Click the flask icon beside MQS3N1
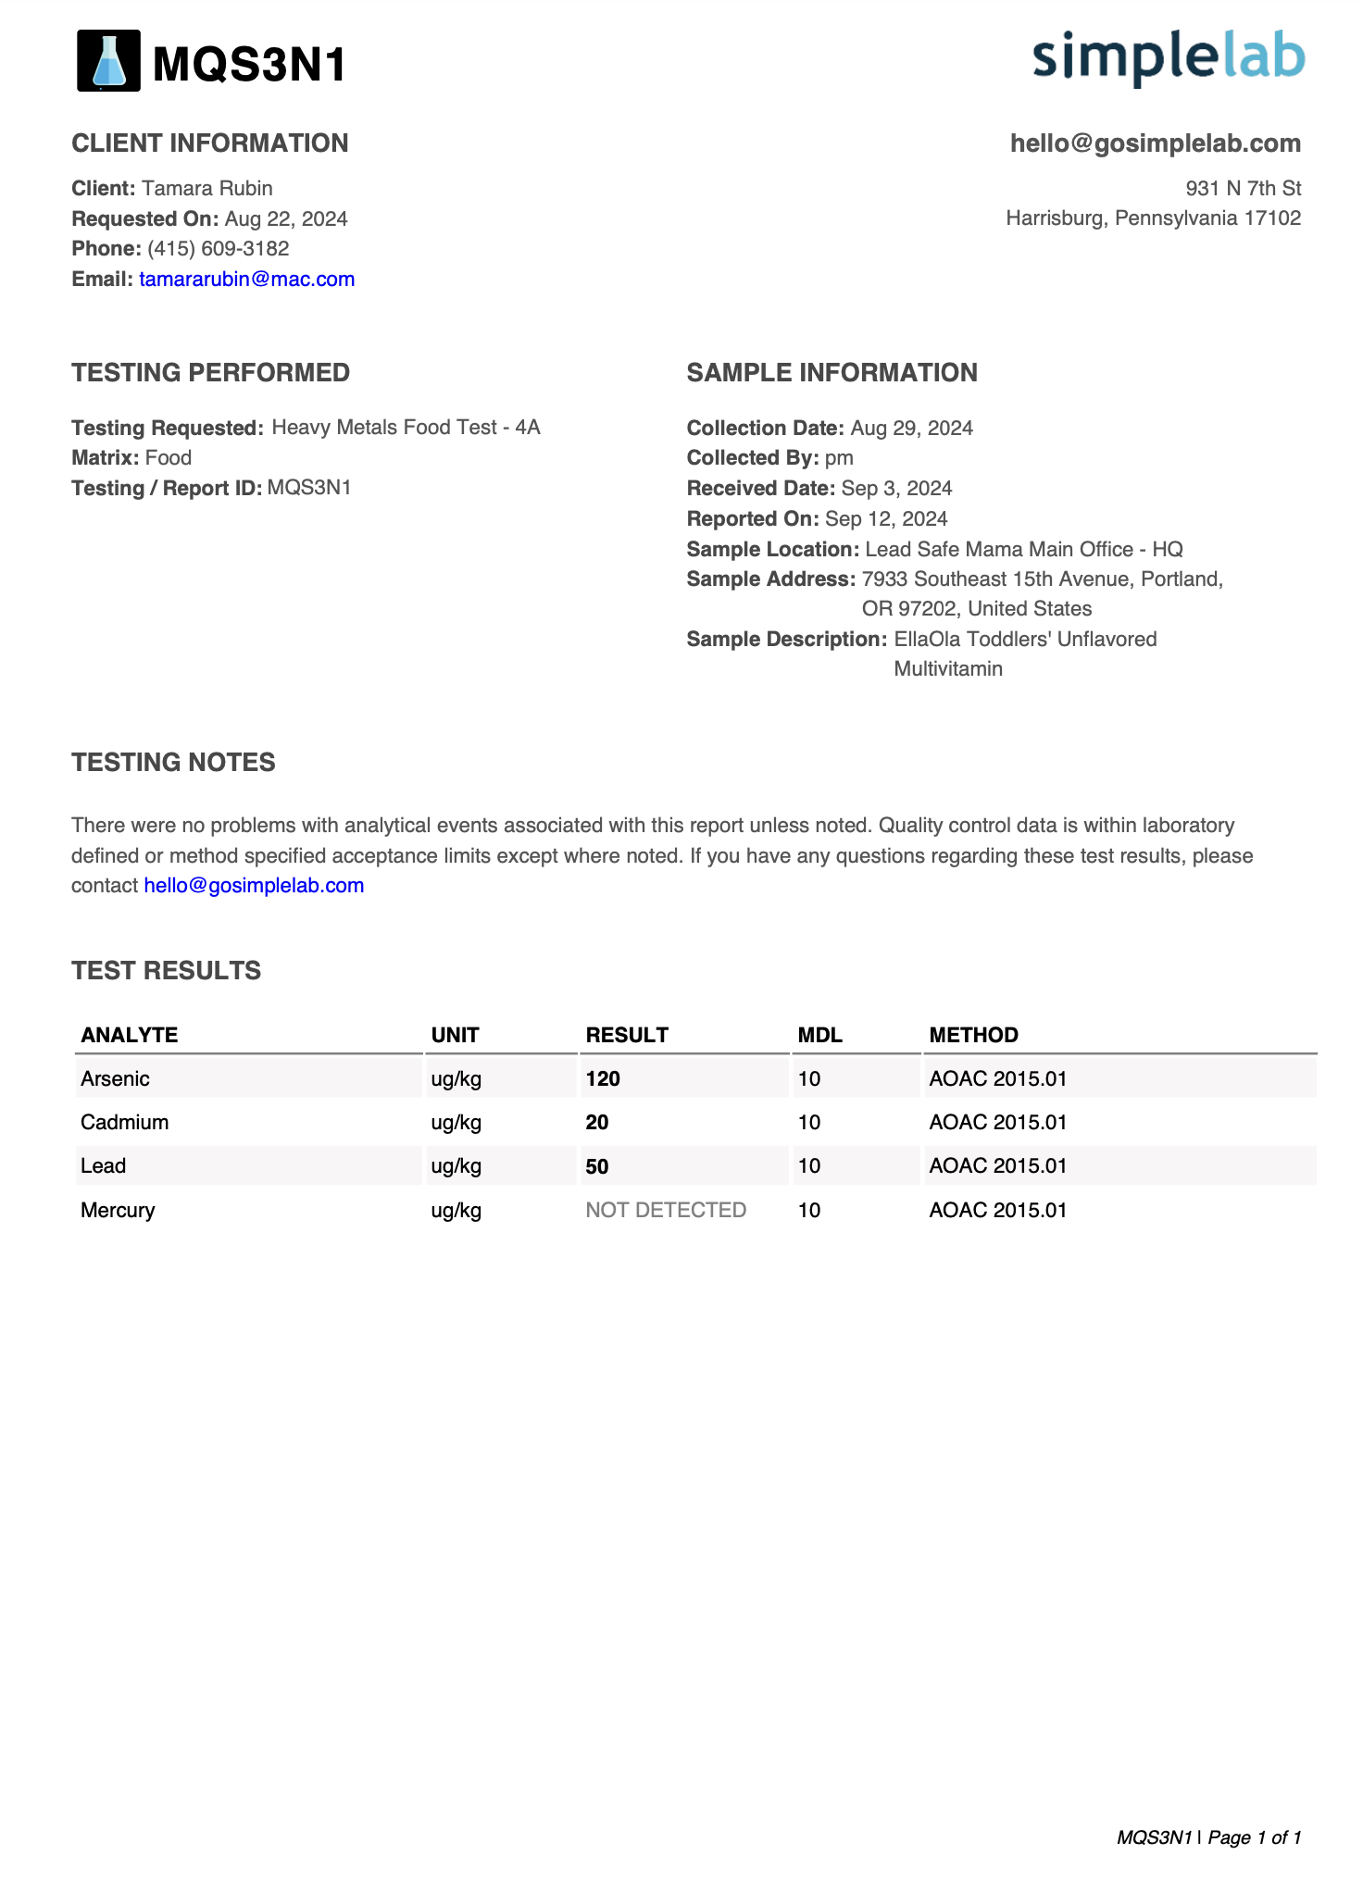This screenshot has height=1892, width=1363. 108,61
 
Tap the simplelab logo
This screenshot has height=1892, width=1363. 1169,57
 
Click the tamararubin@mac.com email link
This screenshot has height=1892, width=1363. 246,280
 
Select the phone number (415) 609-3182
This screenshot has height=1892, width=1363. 219,249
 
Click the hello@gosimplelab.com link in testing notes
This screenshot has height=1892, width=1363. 254,886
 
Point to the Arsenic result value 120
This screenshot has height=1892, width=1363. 603,1079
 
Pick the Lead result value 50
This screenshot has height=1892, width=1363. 597,1166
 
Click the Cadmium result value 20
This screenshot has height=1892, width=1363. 597,1123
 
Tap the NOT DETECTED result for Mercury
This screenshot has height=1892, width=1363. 666,1211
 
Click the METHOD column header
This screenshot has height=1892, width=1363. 973,1036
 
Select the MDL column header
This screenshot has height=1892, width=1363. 819,1036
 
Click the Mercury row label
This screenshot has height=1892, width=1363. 118,1211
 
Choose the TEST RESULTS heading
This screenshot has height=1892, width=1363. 167,971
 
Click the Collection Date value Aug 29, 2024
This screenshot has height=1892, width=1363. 911,429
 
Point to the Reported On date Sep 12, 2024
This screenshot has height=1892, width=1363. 886,519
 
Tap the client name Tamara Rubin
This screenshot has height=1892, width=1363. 207,189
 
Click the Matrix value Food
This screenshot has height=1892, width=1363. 169,458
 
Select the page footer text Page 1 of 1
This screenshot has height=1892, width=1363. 1255,1837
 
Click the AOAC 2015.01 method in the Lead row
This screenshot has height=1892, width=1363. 997,1166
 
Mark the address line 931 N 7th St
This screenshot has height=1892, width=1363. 1243,189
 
